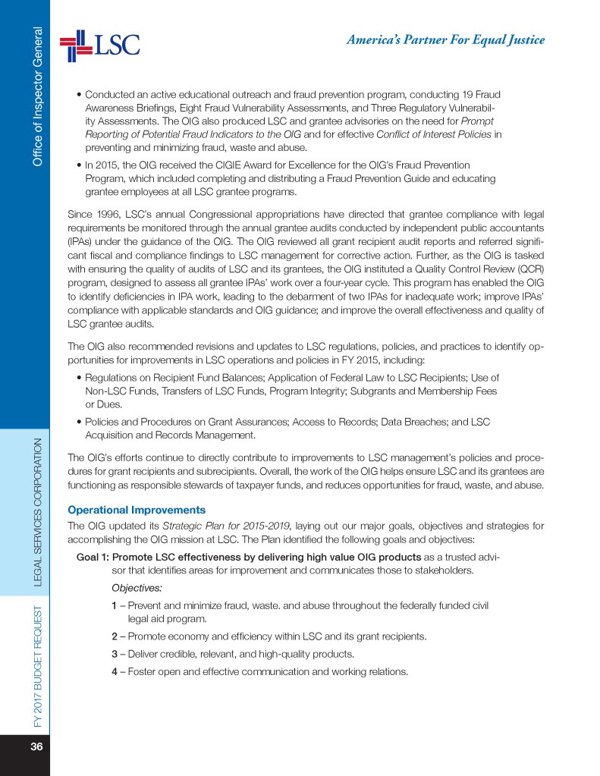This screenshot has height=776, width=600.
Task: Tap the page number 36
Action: tap(36, 746)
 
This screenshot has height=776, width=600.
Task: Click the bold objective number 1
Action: tap(114, 605)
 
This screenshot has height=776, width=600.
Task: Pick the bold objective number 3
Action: tap(114, 653)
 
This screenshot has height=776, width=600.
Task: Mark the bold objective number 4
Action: tap(114, 671)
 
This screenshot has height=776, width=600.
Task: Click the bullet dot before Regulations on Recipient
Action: tap(80, 378)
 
